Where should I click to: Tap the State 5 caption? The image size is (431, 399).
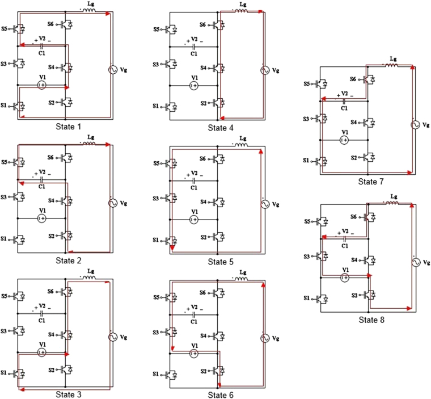pyautogui.click(x=225, y=261)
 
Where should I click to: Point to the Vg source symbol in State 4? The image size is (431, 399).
pyautogui.click(x=263, y=70)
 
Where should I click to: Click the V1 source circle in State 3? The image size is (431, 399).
pyautogui.click(x=41, y=352)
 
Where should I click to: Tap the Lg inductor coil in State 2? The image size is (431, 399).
pyautogui.click(x=90, y=144)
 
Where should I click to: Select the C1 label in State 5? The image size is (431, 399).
pyautogui.click(x=193, y=187)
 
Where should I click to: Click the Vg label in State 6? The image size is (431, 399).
pyautogui.click(x=276, y=339)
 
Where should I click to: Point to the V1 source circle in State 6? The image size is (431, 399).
pyautogui.click(x=193, y=353)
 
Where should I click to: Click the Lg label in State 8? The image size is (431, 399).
pyautogui.click(x=394, y=196)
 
